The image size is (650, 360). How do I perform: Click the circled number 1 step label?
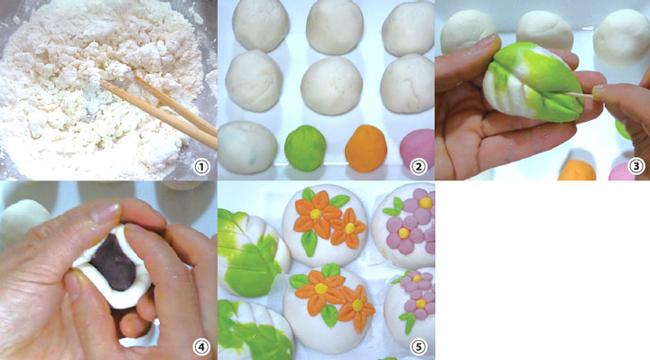[x=201, y=167]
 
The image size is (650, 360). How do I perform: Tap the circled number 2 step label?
[x=418, y=167]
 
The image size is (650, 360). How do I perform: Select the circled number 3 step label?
[x=636, y=166]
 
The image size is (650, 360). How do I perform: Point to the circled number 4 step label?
[x=201, y=346]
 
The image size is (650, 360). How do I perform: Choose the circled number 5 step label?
[x=418, y=346]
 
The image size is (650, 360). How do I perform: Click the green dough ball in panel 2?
[x=305, y=148]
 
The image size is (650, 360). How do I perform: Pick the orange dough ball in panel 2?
[x=366, y=148]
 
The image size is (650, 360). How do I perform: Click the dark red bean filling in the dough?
[x=113, y=262]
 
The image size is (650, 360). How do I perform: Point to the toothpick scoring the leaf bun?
[x=580, y=97]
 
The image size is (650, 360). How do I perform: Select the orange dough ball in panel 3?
[x=577, y=171]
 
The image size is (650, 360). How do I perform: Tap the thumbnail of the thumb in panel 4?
[x=106, y=215]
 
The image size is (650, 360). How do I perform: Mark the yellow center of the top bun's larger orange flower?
[x=316, y=214]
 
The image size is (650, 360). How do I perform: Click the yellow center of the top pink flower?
[x=426, y=203]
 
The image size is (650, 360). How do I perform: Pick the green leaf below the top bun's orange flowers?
[x=310, y=244]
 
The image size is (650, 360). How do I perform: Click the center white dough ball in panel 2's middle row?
[x=331, y=86]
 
